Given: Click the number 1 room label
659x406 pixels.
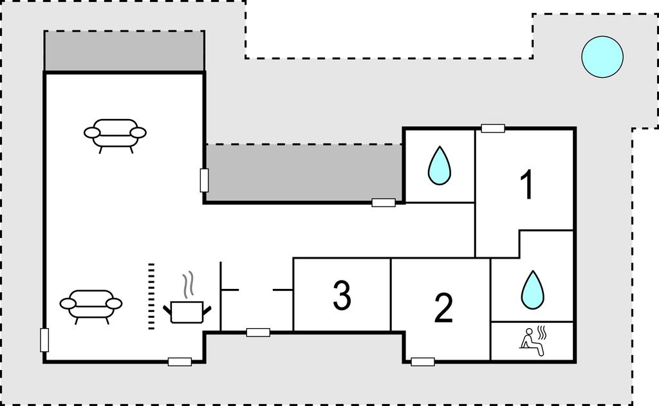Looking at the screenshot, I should click(x=526, y=185).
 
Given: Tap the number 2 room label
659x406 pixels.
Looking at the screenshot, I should click(x=443, y=308).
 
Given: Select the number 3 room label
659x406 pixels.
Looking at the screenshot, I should click(x=342, y=295).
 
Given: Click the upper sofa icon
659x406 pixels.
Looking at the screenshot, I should click(x=115, y=133).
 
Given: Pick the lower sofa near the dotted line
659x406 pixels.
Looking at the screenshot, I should click(x=91, y=304).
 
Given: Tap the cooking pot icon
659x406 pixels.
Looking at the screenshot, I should click(x=187, y=310).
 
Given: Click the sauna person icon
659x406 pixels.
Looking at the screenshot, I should click(x=532, y=339).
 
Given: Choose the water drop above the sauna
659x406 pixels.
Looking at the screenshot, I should click(x=532, y=289).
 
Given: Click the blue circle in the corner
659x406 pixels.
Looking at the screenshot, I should click(x=602, y=57).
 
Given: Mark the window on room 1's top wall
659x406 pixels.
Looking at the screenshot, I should click(x=493, y=128).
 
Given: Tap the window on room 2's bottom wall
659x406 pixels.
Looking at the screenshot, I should click(x=423, y=362).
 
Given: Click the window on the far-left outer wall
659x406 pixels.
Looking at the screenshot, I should click(x=44, y=339).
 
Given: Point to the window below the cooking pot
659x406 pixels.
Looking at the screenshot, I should click(x=180, y=362).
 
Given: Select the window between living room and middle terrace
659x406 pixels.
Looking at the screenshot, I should click(x=204, y=180).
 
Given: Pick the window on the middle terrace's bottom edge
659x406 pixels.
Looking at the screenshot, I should click(x=384, y=203).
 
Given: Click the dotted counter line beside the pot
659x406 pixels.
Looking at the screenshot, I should click(x=151, y=296).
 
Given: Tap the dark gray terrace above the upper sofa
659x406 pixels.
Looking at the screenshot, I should click(x=124, y=51).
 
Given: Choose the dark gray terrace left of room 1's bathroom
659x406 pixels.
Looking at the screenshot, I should click(x=302, y=172).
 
